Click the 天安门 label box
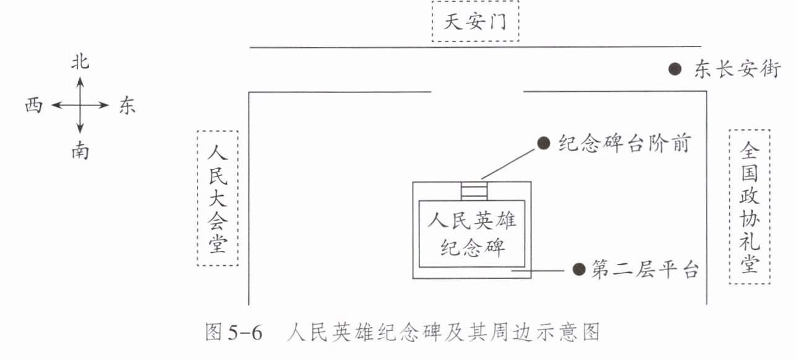[475, 24]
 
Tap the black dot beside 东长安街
[676, 69]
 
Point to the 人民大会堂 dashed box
[217, 198]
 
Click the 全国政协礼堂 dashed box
[750, 206]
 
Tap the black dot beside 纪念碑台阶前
[544, 144]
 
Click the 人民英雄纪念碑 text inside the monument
[472, 234]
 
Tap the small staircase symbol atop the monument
[475, 191]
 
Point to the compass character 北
[80, 62]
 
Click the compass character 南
[80, 151]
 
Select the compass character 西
[34, 107]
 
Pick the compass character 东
[126, 107]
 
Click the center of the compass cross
[80, 106]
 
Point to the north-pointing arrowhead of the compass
[80, 79]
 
